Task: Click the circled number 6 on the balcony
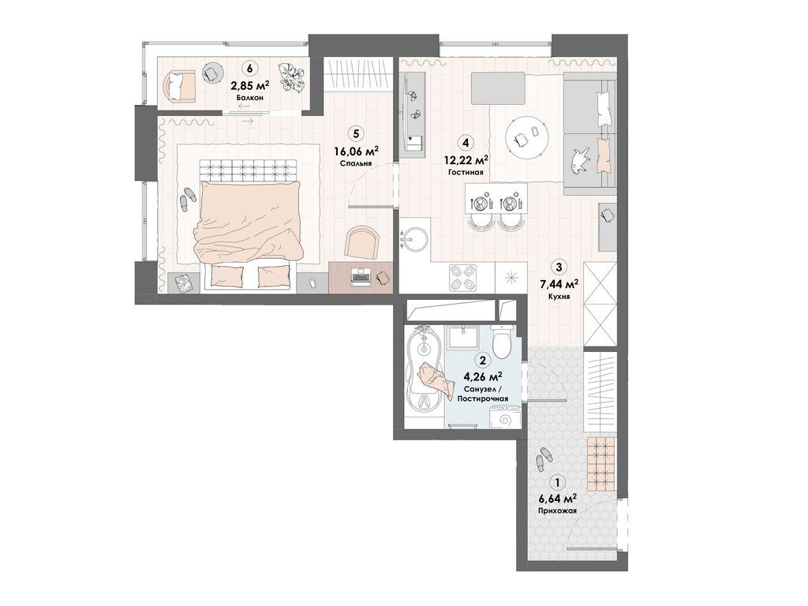(x=250, y=68)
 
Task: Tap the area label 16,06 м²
(x=357, y=151)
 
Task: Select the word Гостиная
(x=466, y=173)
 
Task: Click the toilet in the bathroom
(x=500, y=341)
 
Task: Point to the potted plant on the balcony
(x=291, y=77)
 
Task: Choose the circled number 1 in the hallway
(x=556, y=483)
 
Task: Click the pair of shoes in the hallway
(x=543, y=458)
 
